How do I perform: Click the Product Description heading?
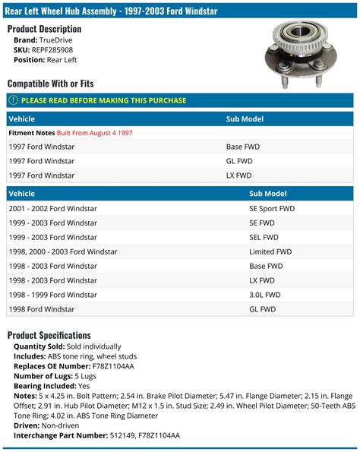pyautogui.click(x=45, y=28)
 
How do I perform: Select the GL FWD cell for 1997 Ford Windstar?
pyautogui.click(x=239, y=161)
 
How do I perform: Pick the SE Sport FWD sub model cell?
pyautogui.click(x=272, y=208)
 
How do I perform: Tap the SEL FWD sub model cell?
pyautogui.click(x=264, y=237)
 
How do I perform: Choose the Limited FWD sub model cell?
pyautogui.click(x=270, y=251)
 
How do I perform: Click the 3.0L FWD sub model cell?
pyautogui.click(x=264, y=295)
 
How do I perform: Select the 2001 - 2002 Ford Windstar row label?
pyautogui.click(x=52, y=208)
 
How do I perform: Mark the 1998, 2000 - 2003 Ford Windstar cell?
pyautogui.click(x=63, y=251)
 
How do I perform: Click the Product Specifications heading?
pyautogui.click(x=49, y=335)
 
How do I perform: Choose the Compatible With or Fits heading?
pyautogui.click(x=50, y=83)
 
